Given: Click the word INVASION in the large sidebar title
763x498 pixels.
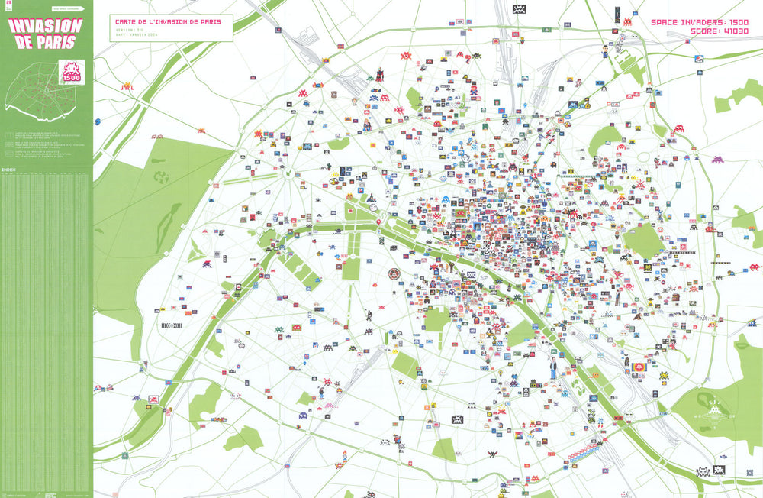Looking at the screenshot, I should [x=45, y=24].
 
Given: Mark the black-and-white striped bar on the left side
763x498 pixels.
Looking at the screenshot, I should [x=172, y=325].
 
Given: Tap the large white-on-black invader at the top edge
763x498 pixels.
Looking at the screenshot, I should [x=519, y=10].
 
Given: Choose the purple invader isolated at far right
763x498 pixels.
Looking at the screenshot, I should [x=718, y=160].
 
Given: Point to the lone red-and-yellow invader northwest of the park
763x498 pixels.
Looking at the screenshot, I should [x=127, y=87].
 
